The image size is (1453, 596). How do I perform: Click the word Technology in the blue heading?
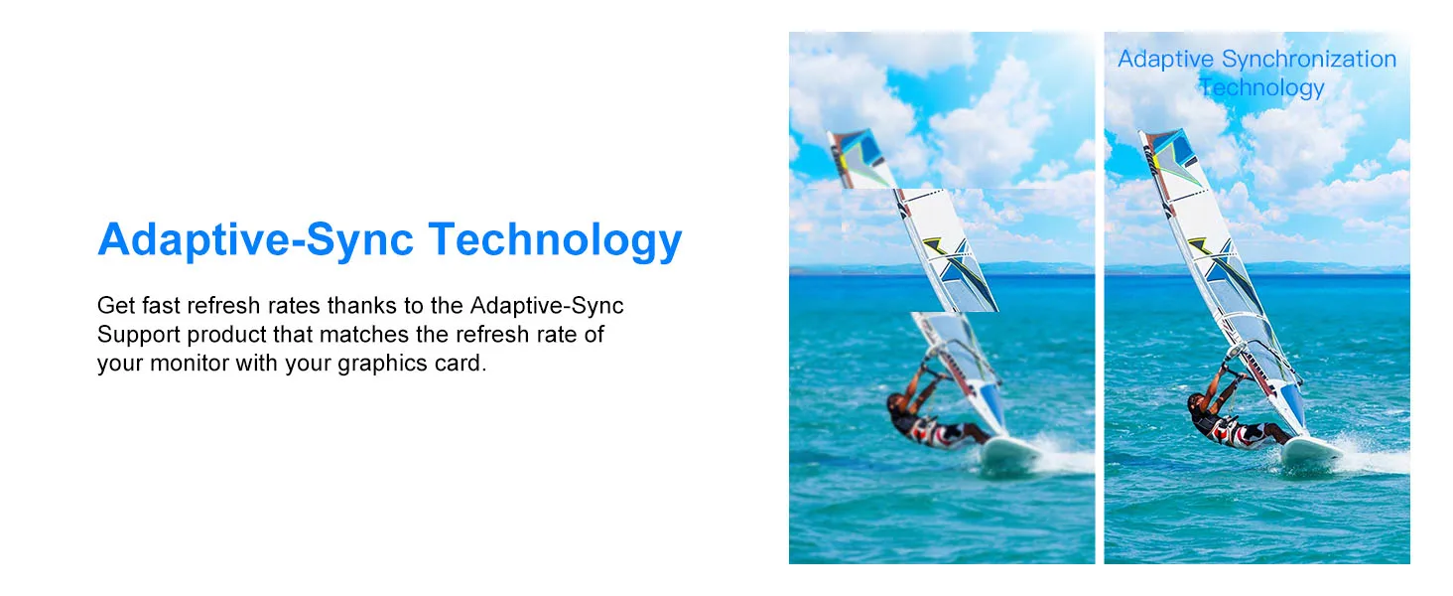click(x=555, y=240)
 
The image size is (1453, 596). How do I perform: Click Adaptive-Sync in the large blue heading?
click(x=256, y=240)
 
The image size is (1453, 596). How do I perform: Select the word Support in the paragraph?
click(x=139, y=335)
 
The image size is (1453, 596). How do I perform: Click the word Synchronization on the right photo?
click(x=1309, y=59)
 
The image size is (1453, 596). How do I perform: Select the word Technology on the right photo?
click(x=1261, y=87)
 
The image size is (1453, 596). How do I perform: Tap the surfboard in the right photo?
click(x=1312, y=449)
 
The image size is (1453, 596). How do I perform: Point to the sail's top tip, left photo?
click(x=829, y=134)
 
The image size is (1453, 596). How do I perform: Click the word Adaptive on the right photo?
click(x=1165, y=59)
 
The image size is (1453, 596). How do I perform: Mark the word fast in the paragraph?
click(x=160, y=305)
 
